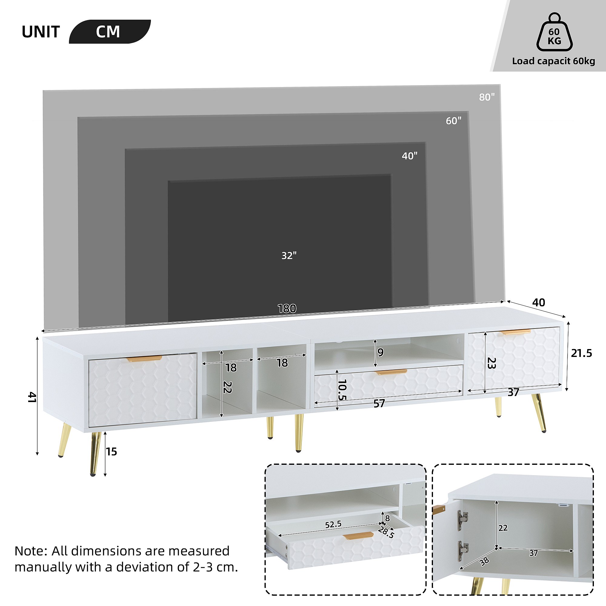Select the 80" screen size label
[487, 97]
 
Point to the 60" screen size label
[454, 121]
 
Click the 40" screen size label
[410, 156]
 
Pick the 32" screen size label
[288, 255]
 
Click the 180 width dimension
[287, 309]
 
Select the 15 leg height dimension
[111, 452]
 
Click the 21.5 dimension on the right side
[581, 353]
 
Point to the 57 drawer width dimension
[379, 404]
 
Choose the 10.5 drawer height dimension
[342, 390]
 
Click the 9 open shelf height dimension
[381, 353]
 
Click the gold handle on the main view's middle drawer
[391, 372]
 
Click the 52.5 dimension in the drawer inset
[333, 524]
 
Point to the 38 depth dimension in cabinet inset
[484, 561]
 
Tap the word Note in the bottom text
[31, 551]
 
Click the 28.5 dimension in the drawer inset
[386, 532]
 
